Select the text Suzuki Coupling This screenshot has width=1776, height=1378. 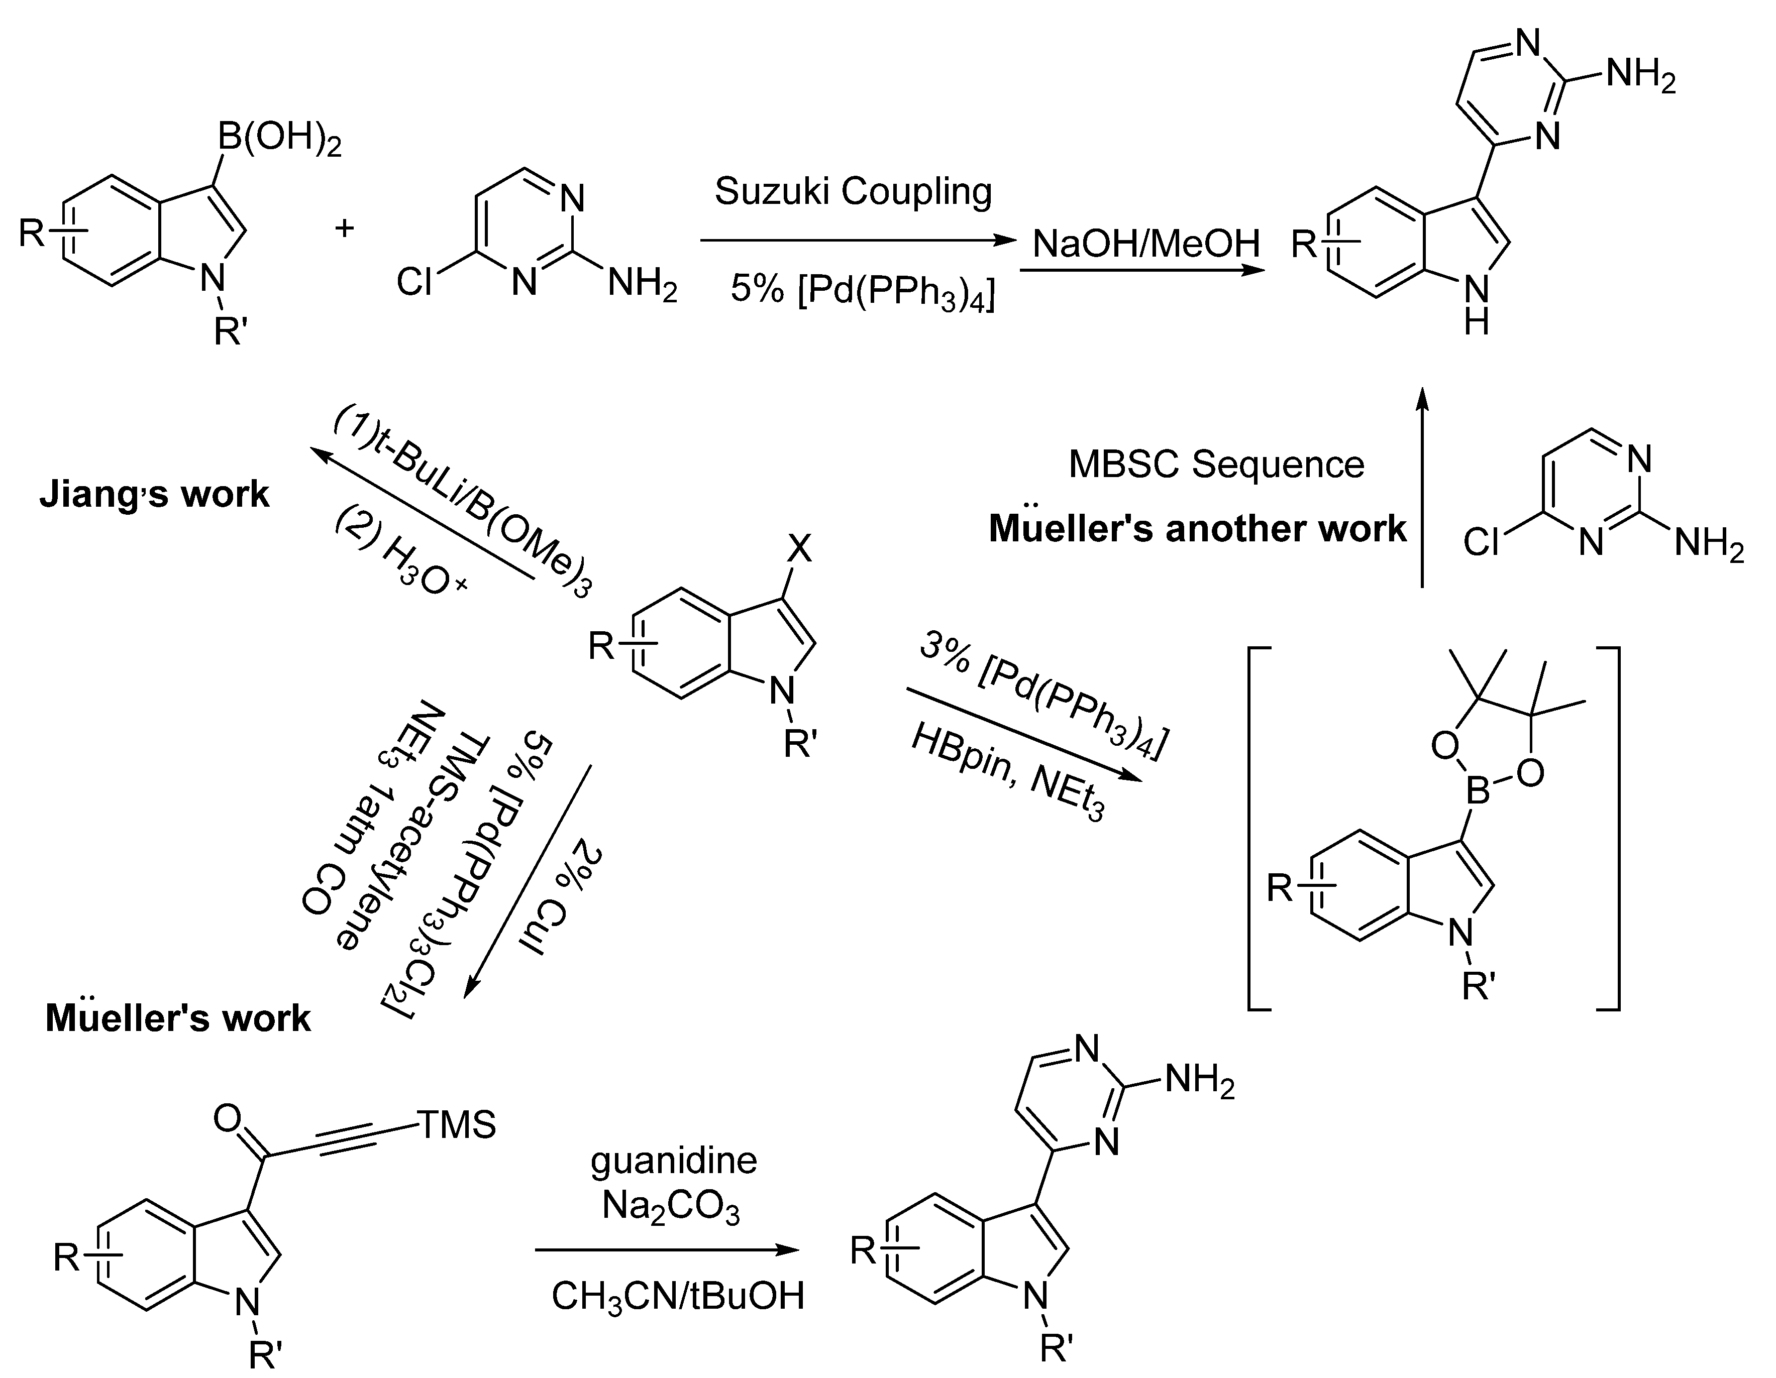[853, 192]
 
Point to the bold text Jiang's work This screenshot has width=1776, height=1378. [155, 494]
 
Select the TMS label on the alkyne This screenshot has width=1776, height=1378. [457, 1125]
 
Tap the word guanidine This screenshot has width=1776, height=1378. [673, 1161]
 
